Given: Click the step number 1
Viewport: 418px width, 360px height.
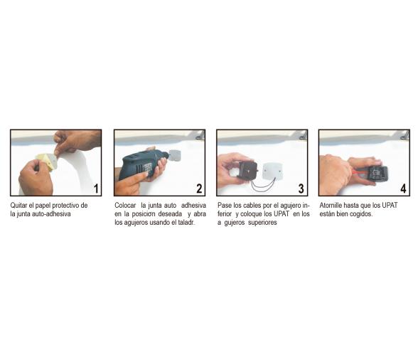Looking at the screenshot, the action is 96,189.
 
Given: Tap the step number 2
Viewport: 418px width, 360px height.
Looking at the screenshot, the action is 199,189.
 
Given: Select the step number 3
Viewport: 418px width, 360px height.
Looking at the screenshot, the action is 301,189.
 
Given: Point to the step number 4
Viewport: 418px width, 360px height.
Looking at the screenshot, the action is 403,189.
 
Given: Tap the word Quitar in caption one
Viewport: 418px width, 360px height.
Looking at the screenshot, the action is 18,206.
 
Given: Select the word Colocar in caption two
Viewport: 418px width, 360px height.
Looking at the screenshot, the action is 125,206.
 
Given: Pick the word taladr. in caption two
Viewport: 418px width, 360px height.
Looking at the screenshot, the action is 186,223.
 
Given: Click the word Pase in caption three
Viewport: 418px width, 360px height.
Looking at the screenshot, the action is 225,206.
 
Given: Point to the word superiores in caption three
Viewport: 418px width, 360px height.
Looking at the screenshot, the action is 262,223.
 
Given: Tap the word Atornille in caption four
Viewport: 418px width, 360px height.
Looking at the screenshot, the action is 331,206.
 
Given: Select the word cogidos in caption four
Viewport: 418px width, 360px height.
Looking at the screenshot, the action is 362,214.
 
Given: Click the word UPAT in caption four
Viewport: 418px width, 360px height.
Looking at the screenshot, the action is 390,206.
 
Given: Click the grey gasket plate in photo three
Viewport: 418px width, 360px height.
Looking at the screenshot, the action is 272,171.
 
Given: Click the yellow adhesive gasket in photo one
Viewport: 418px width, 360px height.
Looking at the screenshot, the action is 47,161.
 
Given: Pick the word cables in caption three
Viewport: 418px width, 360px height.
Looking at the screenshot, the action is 252,206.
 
